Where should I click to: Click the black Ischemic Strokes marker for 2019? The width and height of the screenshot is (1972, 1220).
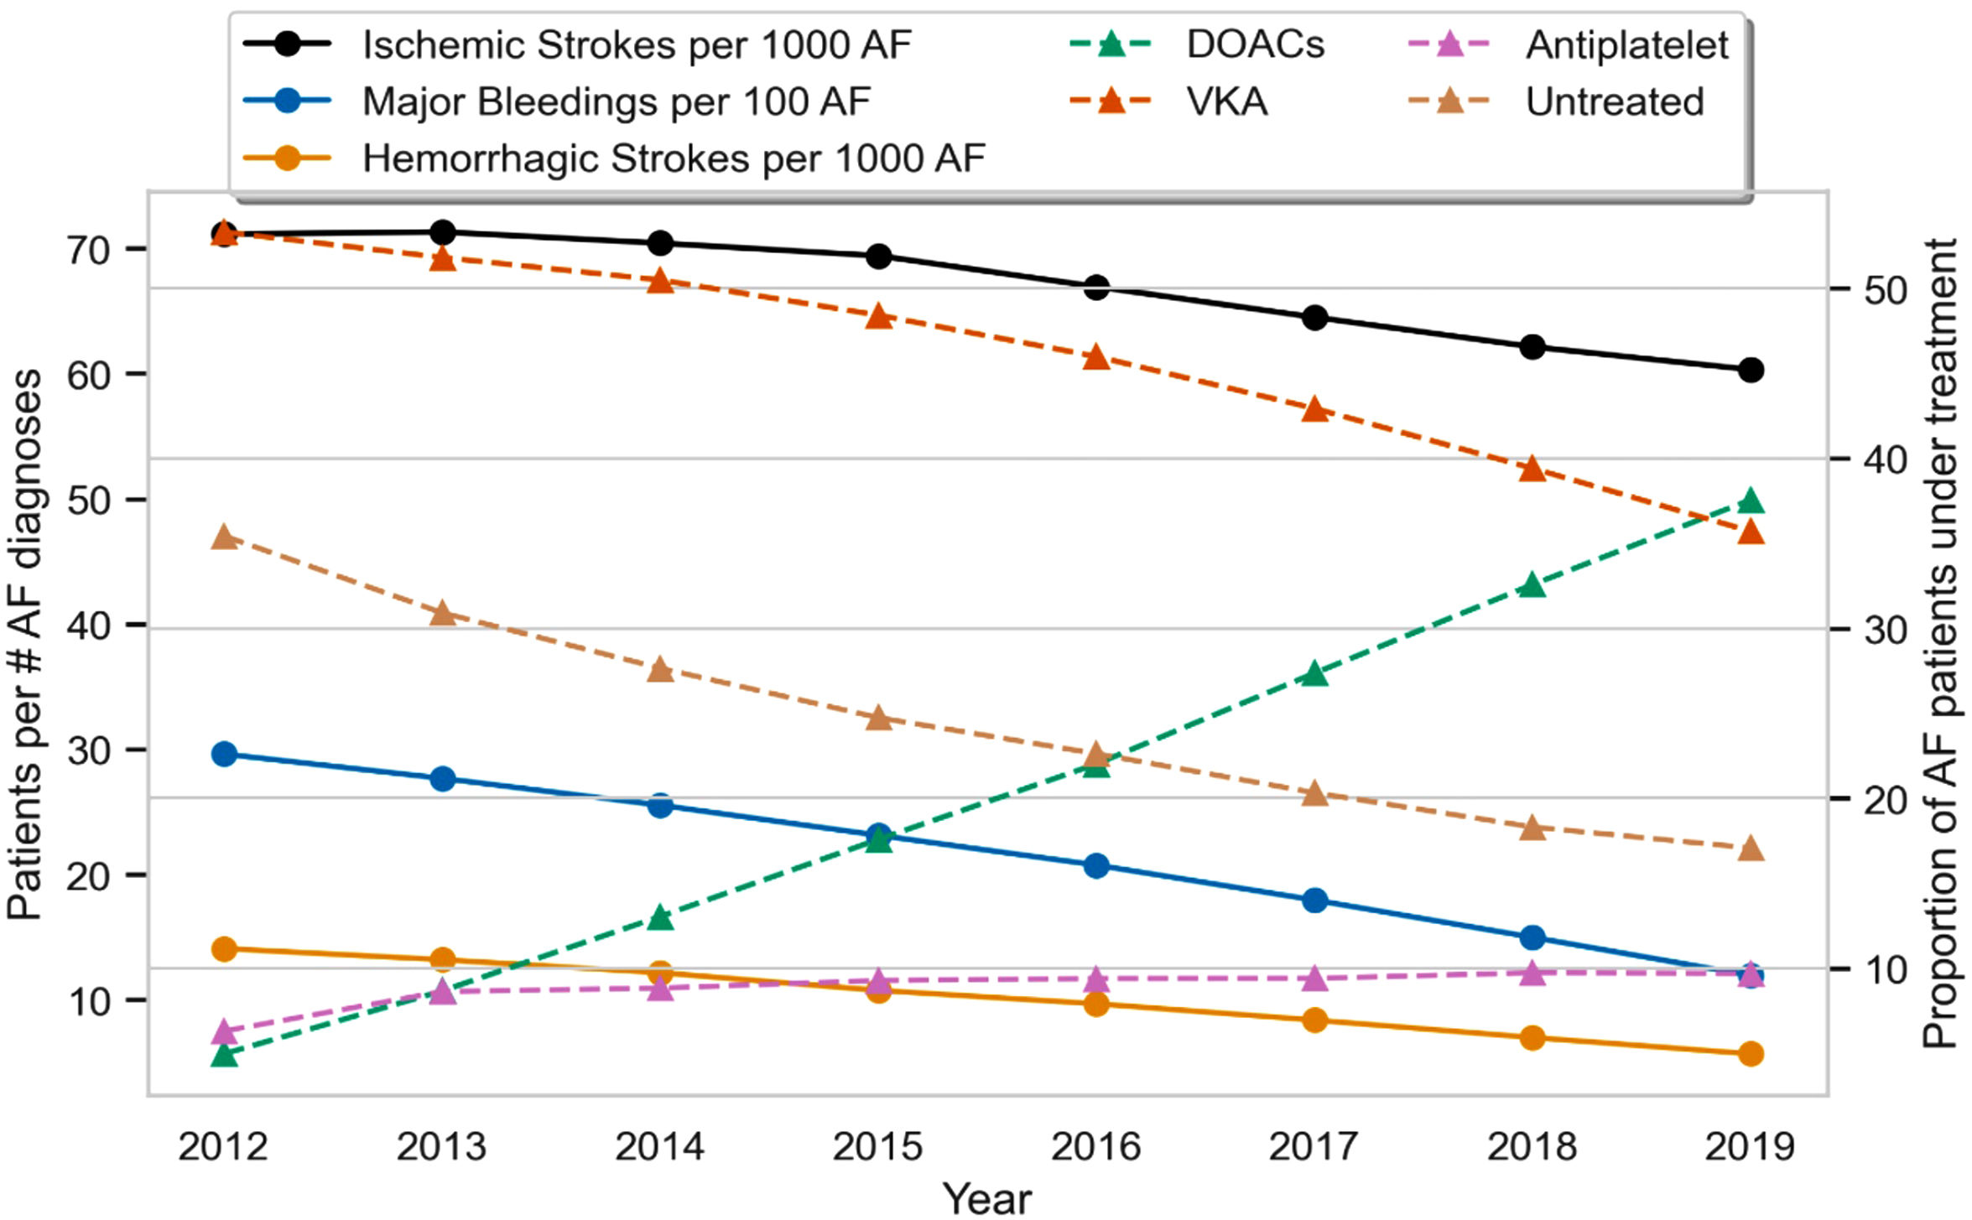click(1751, 370)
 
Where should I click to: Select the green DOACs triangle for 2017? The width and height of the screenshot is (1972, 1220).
click(1314, 674)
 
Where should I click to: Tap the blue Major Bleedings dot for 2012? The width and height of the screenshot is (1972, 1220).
click(224, 754)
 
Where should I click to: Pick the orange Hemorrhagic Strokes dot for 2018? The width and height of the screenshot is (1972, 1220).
click(1532, 1038)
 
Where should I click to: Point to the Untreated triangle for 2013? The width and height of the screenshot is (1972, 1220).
click(443, 615)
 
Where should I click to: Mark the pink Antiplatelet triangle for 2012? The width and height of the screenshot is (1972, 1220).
click(224, 1031)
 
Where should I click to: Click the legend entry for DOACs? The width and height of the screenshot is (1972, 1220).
click(1255, 44)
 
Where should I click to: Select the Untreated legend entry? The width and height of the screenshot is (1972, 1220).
click(1614, 101)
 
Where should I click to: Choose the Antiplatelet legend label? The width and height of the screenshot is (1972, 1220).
click(1626, 44)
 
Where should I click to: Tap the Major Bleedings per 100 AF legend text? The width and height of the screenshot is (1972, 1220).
click(617, 101)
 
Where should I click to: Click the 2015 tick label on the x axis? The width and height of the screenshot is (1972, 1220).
click(877, 1146)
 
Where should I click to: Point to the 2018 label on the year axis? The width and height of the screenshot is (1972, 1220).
click(1532, 1146)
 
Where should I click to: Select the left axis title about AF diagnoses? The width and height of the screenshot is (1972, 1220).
click(25, 644)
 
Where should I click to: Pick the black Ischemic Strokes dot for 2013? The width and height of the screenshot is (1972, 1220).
click(443, 232)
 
